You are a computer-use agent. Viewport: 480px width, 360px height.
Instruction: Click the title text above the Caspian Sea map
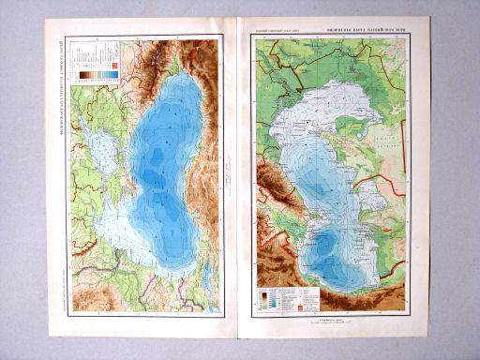coord(368,32)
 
